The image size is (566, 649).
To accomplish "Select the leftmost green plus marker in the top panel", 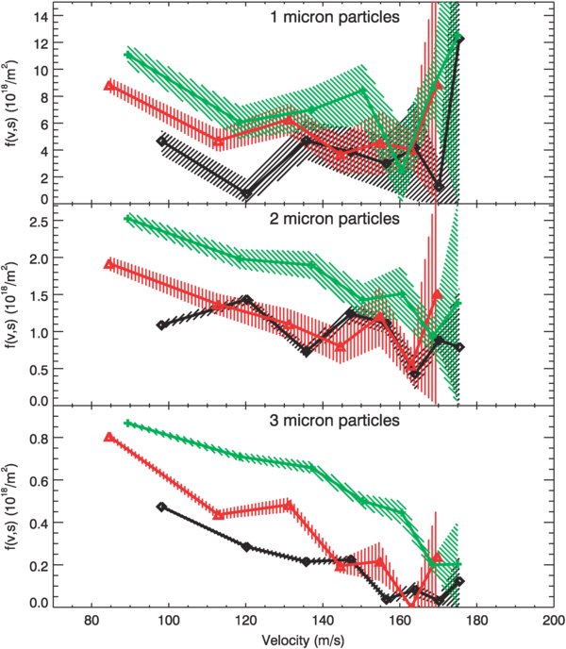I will click(127, 55).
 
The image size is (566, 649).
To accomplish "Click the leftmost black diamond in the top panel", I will click(161, 141).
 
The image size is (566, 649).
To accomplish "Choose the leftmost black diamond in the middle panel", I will click(161, 325).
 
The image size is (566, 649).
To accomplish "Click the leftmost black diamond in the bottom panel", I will click(161, 507).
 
